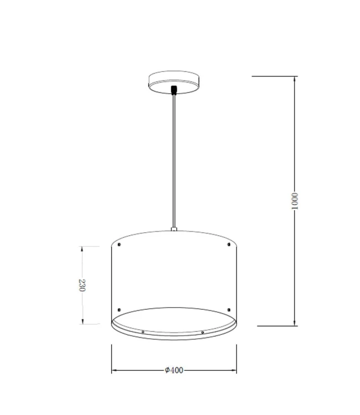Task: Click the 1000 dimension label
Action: coord(295,201)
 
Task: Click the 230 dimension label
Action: coord(82,286)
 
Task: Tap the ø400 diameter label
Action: coord(174,370)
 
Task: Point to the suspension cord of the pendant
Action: coord(174,160)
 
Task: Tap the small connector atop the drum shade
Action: coord(174,228)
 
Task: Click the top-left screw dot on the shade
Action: coord(119,243)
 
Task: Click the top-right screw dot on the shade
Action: coord(228,243)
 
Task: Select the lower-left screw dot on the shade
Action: coord(119,309)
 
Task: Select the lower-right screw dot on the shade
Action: coord(228,309)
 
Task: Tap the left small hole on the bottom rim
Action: coord(143,332)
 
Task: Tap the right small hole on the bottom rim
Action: coord(203,332)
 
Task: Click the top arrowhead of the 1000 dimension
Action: coord(295,79)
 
